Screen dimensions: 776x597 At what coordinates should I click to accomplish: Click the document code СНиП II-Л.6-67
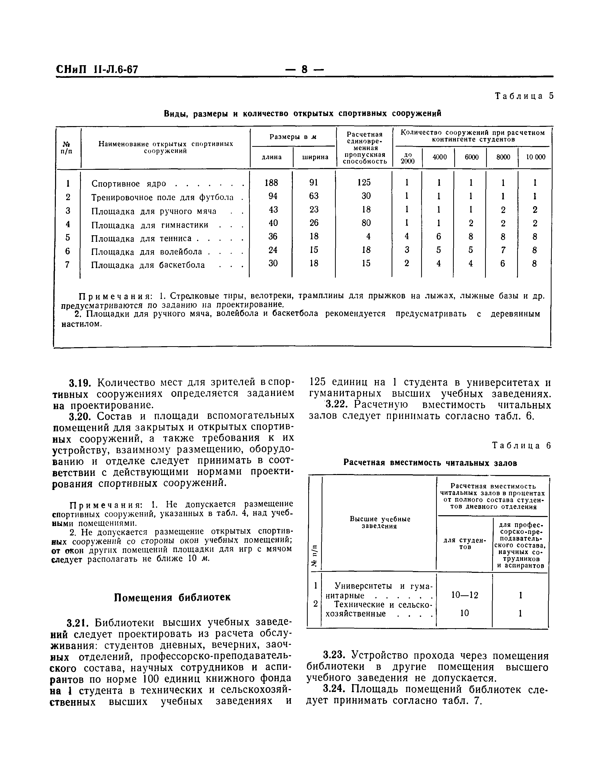click(x=97, y=69)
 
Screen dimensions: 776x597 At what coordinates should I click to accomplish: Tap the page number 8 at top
click(x=304, y=69)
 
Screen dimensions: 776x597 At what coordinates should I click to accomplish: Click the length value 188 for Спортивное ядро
click(x=272, y=183)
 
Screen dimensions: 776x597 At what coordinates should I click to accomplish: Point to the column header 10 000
click(x=535, y=157)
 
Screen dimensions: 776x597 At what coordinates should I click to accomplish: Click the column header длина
click(x=272, y=157)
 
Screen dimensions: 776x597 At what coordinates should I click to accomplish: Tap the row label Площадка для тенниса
click(x=141, y=239)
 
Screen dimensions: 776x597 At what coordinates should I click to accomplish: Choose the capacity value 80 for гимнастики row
click(x=366, y=223)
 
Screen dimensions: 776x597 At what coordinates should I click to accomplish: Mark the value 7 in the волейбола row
click(x=503, y=250)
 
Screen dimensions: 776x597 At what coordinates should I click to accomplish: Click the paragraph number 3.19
click(x=80, y=383)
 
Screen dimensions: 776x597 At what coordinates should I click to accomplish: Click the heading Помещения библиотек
click(x=172, y=598)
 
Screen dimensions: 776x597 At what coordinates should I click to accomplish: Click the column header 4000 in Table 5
click(x=440, y=157)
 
